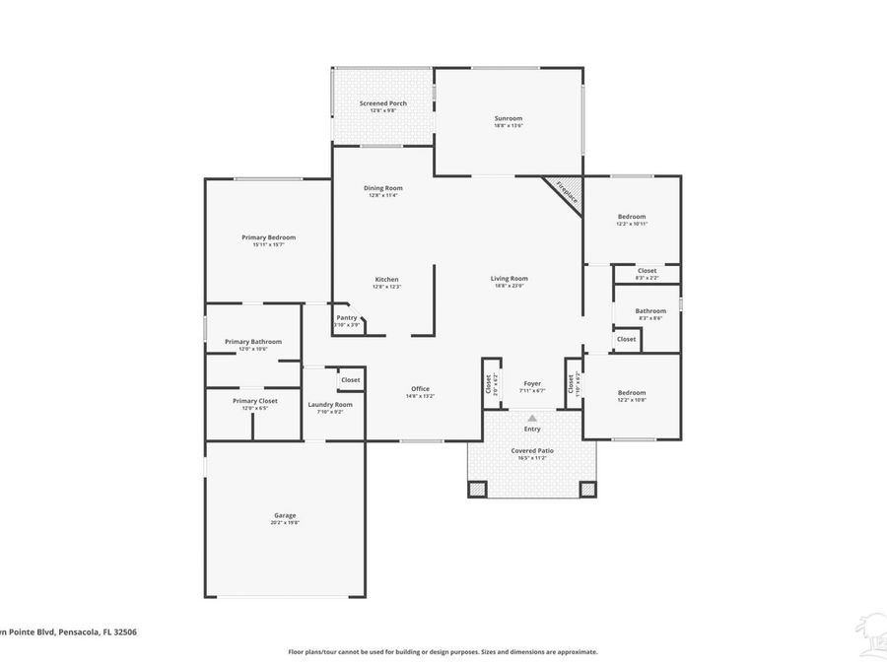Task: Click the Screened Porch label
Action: tap(382, 103)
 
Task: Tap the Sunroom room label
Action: tap(509, 119)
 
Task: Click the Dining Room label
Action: tap(382, 188)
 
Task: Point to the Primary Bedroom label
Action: tap(268, 237)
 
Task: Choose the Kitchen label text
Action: tap(386, 280)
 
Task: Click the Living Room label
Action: tap(510, 279)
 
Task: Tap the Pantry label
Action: tap(347, 317)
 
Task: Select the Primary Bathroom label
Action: tap(253, 342)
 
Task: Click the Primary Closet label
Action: tap(255, 401)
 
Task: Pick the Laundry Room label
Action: tap(330, 405)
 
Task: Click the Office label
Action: tap(420, 389)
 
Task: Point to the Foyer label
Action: tap(532, 383)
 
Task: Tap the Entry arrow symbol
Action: tap(532, 418)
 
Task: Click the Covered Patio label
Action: tap(532, 450)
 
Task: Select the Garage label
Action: tap(285, 515)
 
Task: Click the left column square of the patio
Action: tap(477, 489)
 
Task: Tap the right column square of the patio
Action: tap(587, 489)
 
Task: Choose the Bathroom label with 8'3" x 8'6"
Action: tap(650, 311)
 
